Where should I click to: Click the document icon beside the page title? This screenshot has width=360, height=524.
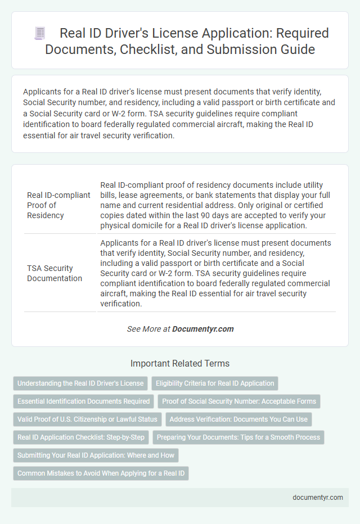[39, 33]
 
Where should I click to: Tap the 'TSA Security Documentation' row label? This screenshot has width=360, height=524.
[55, 273]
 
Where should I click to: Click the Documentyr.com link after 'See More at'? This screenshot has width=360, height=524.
[203, 329]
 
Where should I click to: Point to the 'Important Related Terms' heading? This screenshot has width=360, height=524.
[180, 363]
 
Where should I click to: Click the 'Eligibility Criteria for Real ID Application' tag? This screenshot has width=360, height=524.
[214, 383]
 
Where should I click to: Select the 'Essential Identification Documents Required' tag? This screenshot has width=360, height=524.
[84, 401]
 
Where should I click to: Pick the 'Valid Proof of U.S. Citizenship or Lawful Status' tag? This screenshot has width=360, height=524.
[87, 419]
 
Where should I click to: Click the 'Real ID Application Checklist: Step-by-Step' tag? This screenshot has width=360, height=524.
[81, 437]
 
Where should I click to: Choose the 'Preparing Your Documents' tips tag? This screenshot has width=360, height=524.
[238, 437]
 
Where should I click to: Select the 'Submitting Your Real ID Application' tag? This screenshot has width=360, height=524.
[96, 455]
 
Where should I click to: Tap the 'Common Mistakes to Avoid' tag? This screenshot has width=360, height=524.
[101, 473]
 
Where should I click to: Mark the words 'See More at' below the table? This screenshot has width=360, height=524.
[148, 329]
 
